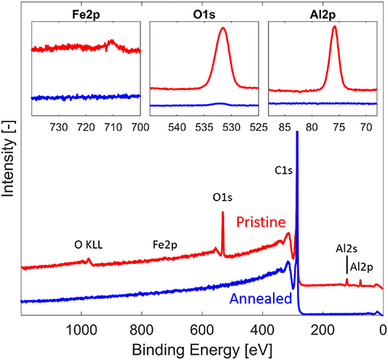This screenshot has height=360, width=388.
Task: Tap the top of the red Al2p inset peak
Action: pyautogui.click(x=334, y=27)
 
